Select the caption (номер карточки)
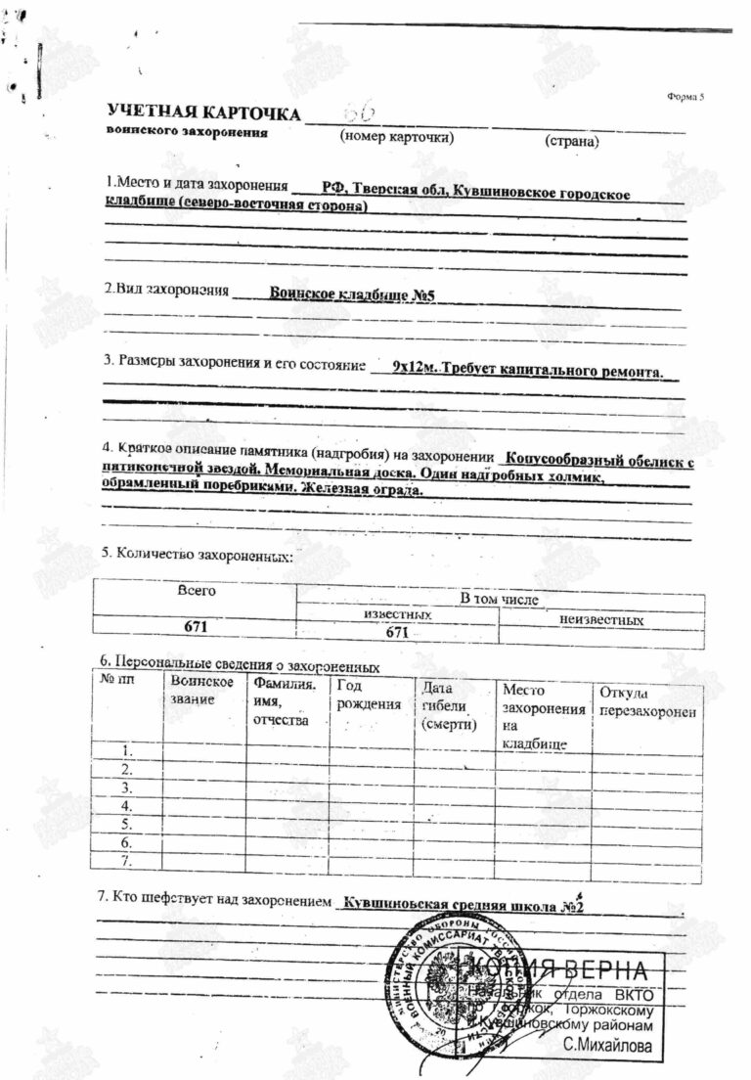(397, 137)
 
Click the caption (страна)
(571, 141)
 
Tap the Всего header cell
(196, 590)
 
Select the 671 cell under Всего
(196, 626)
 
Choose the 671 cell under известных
(396, 632)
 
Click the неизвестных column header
(600, 620)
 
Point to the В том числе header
(499, 598)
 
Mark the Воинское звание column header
(201, 690)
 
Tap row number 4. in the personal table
(125, 805)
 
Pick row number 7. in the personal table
(125, 861)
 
